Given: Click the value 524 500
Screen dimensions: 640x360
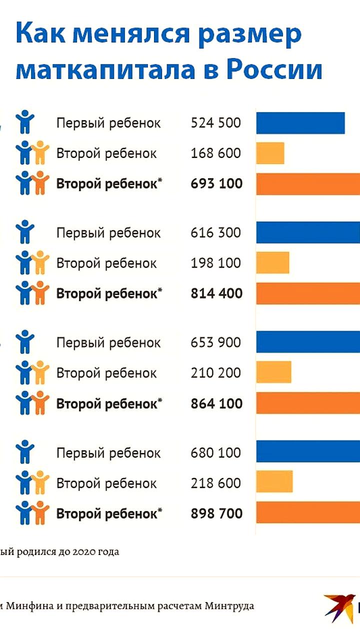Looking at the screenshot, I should point(215,123).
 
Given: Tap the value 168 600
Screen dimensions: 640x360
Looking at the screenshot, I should point(215,153).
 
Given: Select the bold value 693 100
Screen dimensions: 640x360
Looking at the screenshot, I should point(216,184).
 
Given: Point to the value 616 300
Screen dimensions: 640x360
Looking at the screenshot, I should point(215,233).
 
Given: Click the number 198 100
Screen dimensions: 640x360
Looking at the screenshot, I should point(215,263).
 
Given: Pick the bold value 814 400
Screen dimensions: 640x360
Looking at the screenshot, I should point(216,294).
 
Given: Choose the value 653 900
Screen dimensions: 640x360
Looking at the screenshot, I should point(215,343).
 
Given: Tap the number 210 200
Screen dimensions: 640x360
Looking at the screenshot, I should point(215,373).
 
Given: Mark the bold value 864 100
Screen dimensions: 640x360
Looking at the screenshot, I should point(216,404).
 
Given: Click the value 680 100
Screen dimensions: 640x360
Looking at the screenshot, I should point(215,453).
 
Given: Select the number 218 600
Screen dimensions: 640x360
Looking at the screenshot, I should point(215,483).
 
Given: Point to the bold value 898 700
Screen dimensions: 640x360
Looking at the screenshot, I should point(216,514).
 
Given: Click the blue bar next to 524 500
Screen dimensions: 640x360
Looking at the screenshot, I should point(300,123).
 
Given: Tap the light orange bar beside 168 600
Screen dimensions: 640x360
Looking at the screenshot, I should point(270,153).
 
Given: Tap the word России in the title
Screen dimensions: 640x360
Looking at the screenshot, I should point(274,70).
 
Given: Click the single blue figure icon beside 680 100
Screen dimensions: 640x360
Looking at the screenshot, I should point(25,452).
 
